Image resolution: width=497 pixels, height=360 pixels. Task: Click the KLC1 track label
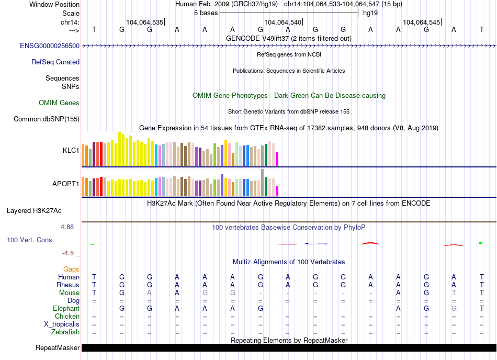71,150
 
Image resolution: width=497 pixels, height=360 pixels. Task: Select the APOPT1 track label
65,184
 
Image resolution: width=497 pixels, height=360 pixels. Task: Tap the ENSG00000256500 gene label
50,46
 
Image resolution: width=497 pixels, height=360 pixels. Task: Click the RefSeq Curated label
55,62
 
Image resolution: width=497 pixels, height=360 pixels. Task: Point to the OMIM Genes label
59,103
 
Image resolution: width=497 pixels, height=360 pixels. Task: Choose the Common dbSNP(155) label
47,119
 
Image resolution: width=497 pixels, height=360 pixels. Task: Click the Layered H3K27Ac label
34,211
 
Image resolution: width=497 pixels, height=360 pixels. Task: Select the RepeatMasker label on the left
58,348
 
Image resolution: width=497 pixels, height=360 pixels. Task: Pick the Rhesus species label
68,285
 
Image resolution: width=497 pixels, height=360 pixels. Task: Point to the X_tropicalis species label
62,324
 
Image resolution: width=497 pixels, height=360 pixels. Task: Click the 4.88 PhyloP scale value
68,227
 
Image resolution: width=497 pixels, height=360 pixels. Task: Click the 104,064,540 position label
283,22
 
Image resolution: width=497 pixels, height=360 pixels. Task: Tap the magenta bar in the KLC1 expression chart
277,159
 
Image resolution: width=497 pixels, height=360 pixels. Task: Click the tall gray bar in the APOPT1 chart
262,182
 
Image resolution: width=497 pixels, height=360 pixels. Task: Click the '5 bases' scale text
205,13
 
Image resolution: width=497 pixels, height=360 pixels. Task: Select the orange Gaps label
71,269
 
